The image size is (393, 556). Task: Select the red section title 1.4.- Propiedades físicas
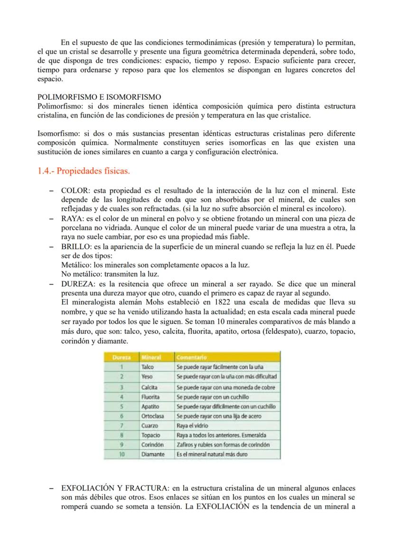[x=83, y=171]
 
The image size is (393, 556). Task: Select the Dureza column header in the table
[x=122, y=357]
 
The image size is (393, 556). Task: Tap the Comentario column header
[x=191, y=357]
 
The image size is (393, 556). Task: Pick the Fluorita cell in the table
[x=150, y=397]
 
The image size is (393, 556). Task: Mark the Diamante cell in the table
[x=153, y=454]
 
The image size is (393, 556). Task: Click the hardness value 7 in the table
[x=122, y=425]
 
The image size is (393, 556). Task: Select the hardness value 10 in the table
[x=122, y=454]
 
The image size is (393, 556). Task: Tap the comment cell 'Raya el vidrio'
[x=192, y=425]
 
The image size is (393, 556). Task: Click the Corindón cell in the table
[x=152, y=445]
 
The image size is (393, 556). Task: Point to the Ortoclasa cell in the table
[x=152, y=416]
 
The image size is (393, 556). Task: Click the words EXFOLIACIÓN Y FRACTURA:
[x=115, y=488]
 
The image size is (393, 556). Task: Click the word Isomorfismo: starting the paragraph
[x=59, y=134]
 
